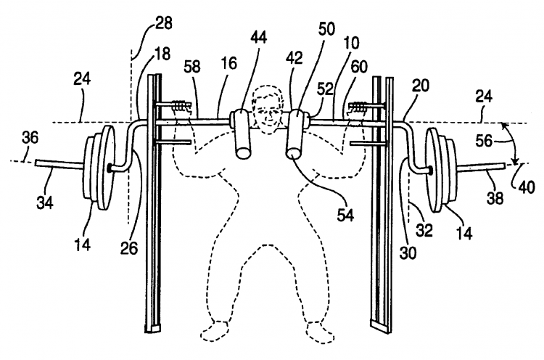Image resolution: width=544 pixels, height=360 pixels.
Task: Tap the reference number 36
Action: tap(29, 135)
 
